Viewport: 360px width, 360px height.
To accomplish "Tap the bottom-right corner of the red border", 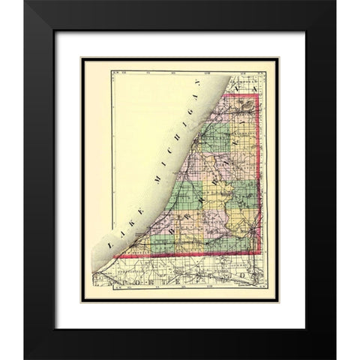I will [259, 253].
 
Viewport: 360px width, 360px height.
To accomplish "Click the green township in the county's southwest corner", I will [163, 244].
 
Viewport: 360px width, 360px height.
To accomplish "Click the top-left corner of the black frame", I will [24, 1].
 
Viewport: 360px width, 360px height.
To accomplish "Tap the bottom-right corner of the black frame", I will [335, 358].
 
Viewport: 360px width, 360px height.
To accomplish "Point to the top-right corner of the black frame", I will [335, 1].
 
